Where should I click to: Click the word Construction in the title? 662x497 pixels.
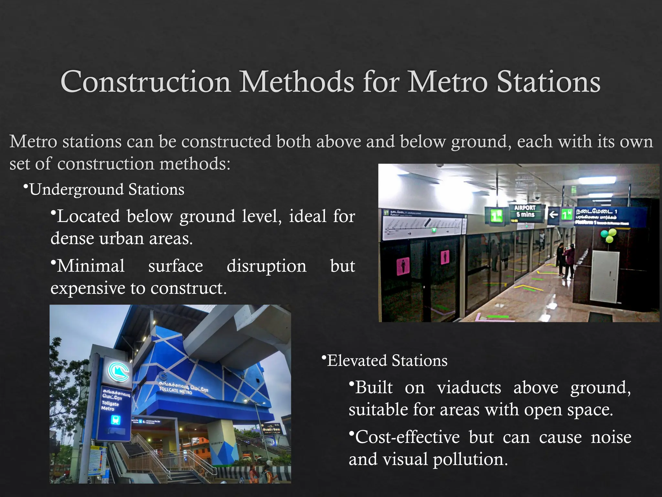coord(145,82)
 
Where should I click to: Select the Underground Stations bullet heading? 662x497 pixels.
coord(107,190)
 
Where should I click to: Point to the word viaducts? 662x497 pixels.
coord(469,388)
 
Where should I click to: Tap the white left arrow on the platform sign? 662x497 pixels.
coord(554,214)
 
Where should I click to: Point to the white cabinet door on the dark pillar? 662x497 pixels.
coord(604,277)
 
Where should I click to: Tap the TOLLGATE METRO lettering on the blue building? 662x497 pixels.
coord(176,391)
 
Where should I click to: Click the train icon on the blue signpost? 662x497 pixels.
coord(115,420)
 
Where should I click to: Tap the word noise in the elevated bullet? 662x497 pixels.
coord(611,437)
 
